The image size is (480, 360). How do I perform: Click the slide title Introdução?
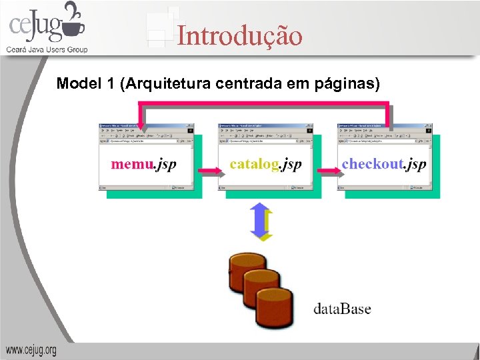(x=239, y=36)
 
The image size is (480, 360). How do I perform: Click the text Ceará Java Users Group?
(x=47, y=49)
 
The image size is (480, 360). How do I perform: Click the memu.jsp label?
(x=143, y=164)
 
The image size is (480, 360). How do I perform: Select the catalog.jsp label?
(x=265, y=164)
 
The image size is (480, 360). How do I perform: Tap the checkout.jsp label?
(x=383, y=164)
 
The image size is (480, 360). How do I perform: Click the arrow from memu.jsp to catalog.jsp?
(x=208, y=171)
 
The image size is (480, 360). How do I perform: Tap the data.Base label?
(x=342, y=309)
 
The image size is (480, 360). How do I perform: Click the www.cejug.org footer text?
(x=31, y=350)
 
